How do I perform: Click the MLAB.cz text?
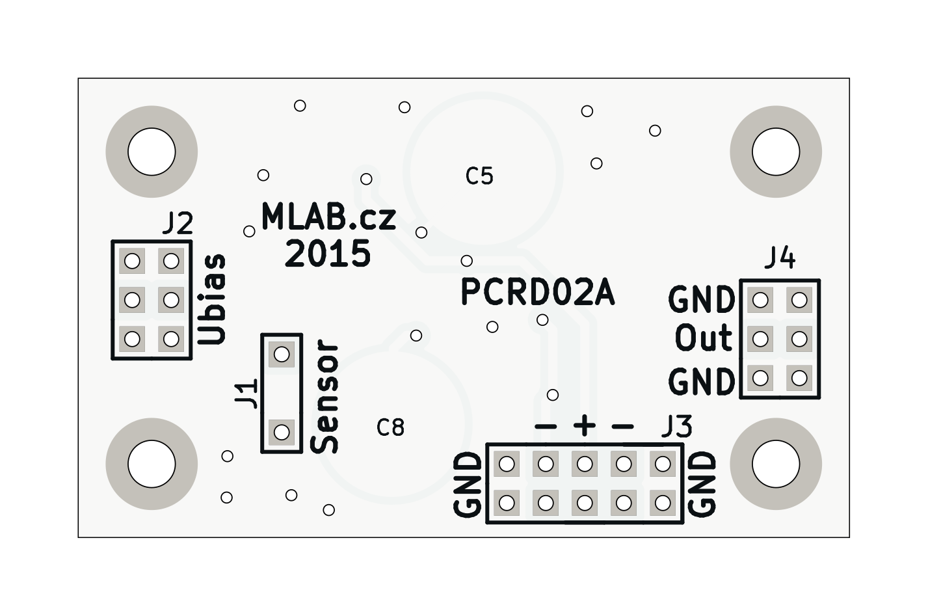pyautogui.click(x=328, y=217)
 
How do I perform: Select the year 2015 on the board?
pyautogui.click(x=328, y=254)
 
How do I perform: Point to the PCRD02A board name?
pyautogui.click(x=537, y=293)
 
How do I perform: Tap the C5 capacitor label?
pyautogui.click(x=480, y=176)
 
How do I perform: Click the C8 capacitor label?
pyautogui.click(x=391, y=427)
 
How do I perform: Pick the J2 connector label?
pyautogui.click(x=178, y=224)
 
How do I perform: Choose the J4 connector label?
pyautogui.click(x=779, y=258)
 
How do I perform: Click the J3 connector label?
pyautogui.click(x=676, y=427)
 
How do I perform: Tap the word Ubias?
pyautogui.click(x=213, y=299)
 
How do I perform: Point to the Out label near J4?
pyautogui.click(x=704, y=339)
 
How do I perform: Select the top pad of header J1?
pyautogui.click(x=282, y=355)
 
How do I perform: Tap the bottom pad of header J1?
pyautogui.click(x=282, y=431)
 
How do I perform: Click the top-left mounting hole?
pyautogui.click(x=152, y=152)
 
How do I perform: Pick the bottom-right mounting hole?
pyautogui.click(x=776, y=464)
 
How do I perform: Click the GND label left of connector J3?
pyautogui.click(x=468, y=485)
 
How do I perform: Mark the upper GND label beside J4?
pyautogui.click(x=702, y=300)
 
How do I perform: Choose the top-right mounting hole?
pyautogui.click(x=776, y=152)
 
